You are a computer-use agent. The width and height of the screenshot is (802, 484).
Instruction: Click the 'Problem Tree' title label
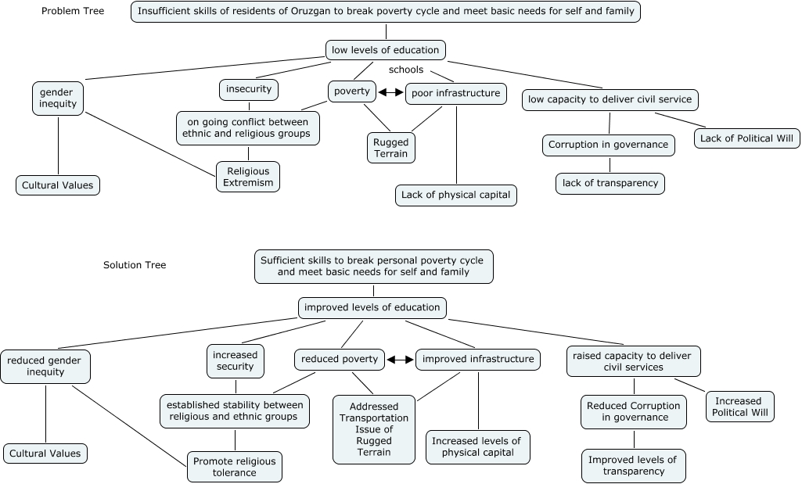[x=73, y=11]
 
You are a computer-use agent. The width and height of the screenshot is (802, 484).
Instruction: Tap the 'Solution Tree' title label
[x=135, y=265]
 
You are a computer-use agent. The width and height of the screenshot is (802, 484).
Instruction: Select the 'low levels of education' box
[x=386, y=51]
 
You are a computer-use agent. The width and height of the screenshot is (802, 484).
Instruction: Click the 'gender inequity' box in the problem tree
[x=58, y=98]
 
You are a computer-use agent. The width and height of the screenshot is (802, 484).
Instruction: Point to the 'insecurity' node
[x=249, y=90]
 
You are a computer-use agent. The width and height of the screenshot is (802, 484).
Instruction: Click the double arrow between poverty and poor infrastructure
[x=391, y=92]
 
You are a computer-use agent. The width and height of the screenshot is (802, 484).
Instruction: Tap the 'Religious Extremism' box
[x=248, y=177]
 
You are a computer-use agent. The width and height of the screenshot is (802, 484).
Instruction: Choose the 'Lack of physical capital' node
[x=455, y=195]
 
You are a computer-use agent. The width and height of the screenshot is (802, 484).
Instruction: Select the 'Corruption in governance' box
[x=609, y=145]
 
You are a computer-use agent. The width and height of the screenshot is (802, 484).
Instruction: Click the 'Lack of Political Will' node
[x=746, y=138]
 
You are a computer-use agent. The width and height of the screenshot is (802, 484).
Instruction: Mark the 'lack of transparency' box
[x=610, y=184]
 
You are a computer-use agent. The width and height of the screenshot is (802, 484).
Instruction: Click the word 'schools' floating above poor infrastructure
[x=405, y=70]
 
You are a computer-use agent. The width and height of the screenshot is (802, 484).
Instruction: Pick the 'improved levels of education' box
[x=372, y=307]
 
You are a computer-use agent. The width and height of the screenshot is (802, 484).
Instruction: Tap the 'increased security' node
[x=236, y=360]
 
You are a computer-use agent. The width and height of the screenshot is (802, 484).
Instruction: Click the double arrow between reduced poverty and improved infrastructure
[x=400, y=360]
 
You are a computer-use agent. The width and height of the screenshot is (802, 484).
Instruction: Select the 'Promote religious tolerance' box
[x=235, y=467]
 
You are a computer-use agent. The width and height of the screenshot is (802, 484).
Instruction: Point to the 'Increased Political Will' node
[x=739, y=407]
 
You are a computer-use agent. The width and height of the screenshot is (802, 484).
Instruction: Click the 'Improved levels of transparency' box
[x=634, y=466]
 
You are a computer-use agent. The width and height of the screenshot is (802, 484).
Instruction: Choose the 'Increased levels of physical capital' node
[x=477, y=447]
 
